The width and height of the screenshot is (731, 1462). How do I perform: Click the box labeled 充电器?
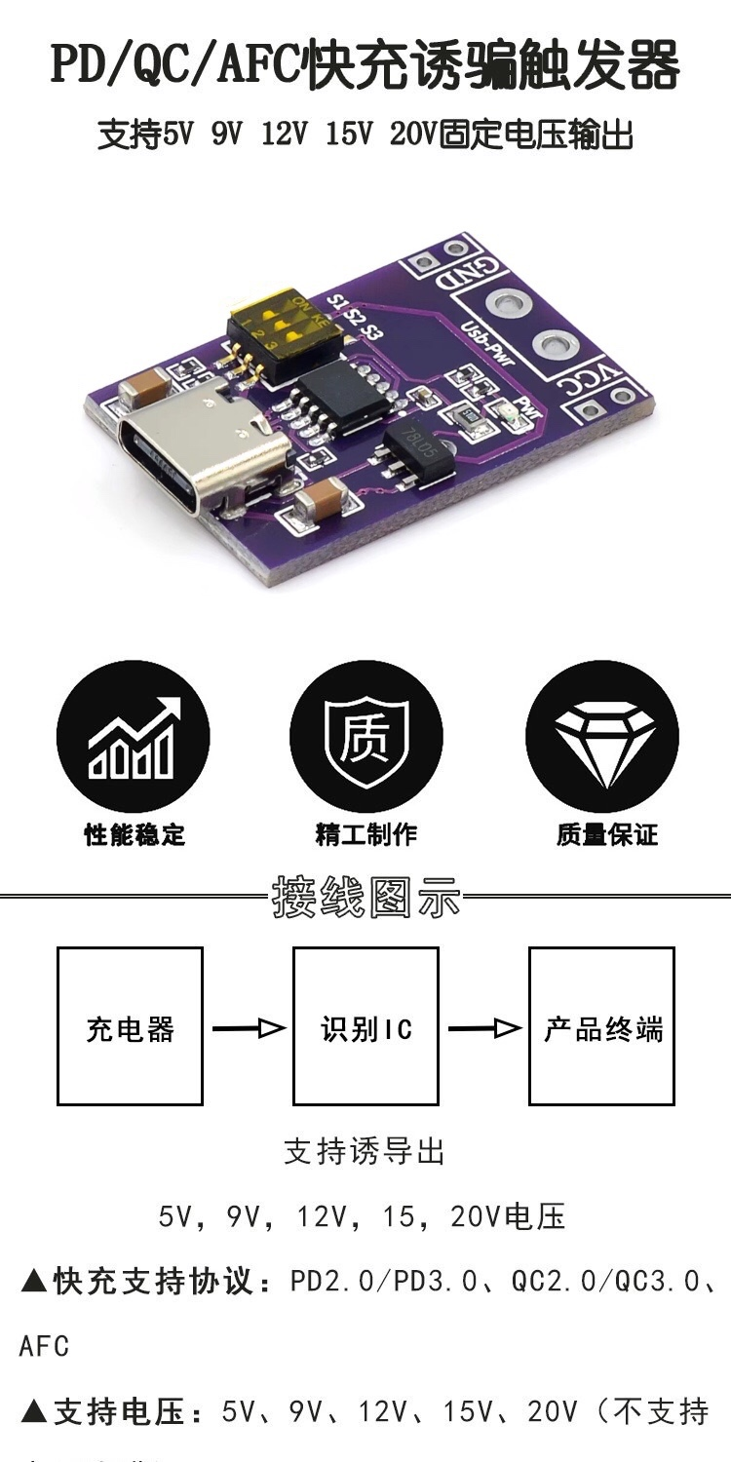[x=130, y=1026]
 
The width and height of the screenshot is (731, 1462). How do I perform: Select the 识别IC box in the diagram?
[x=365, y=1026]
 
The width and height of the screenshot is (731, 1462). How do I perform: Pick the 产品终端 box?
[x=601, y=1026]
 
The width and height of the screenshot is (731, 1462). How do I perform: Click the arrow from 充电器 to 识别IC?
[x=248, y=1027]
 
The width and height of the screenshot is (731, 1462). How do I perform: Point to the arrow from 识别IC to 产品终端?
[x=483, y=1027]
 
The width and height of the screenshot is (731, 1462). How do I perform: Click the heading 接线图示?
[x=365, y=896]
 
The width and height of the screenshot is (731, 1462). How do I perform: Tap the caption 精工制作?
[x=365, y=834]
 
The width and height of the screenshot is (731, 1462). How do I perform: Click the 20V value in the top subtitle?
[x=413, y=135]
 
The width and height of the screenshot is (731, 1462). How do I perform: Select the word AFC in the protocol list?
[x=45, y=1347]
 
